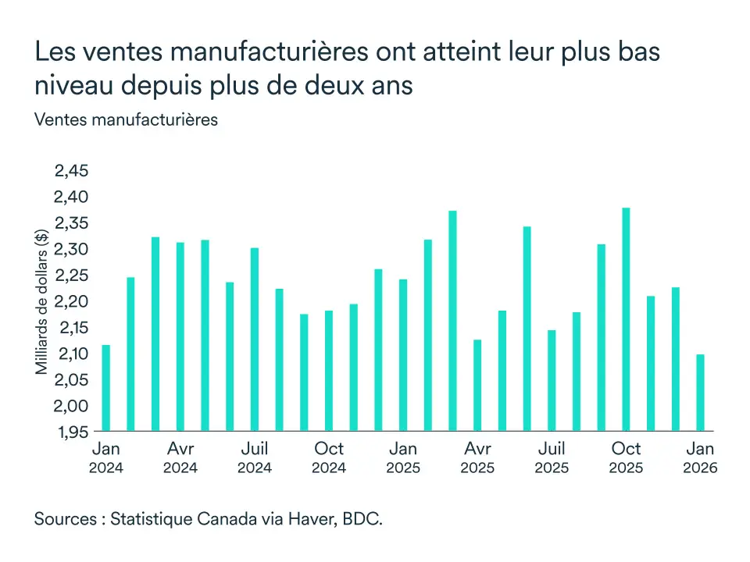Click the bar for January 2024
tap(106, 388)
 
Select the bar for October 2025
tap(626, 319)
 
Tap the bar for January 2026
tap(700, 393)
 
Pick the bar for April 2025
tap(477, 386)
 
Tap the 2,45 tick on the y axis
tap(71, 171)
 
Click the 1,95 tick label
tap(71, 432)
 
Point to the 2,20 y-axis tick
tap(71, 301)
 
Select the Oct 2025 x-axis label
tap(626, 457)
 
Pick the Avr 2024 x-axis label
tap(180, 457)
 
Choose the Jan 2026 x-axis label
tap(700, 457)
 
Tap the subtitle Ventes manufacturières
tap(126, 120)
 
